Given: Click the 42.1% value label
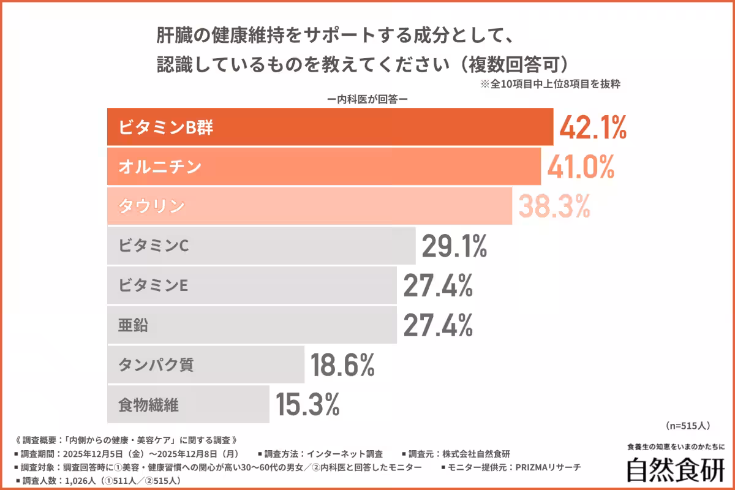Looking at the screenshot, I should pos(592,127).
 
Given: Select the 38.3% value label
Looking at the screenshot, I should pos(554,206).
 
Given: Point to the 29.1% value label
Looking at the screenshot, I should pos(454,246).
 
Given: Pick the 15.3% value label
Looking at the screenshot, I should pos(307,404).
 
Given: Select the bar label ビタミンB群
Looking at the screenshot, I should pos(166,127).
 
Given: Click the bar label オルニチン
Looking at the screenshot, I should pos(160,167).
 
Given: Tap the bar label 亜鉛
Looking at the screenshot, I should pos(133,325).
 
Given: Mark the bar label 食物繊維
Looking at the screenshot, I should pos(148,404).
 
